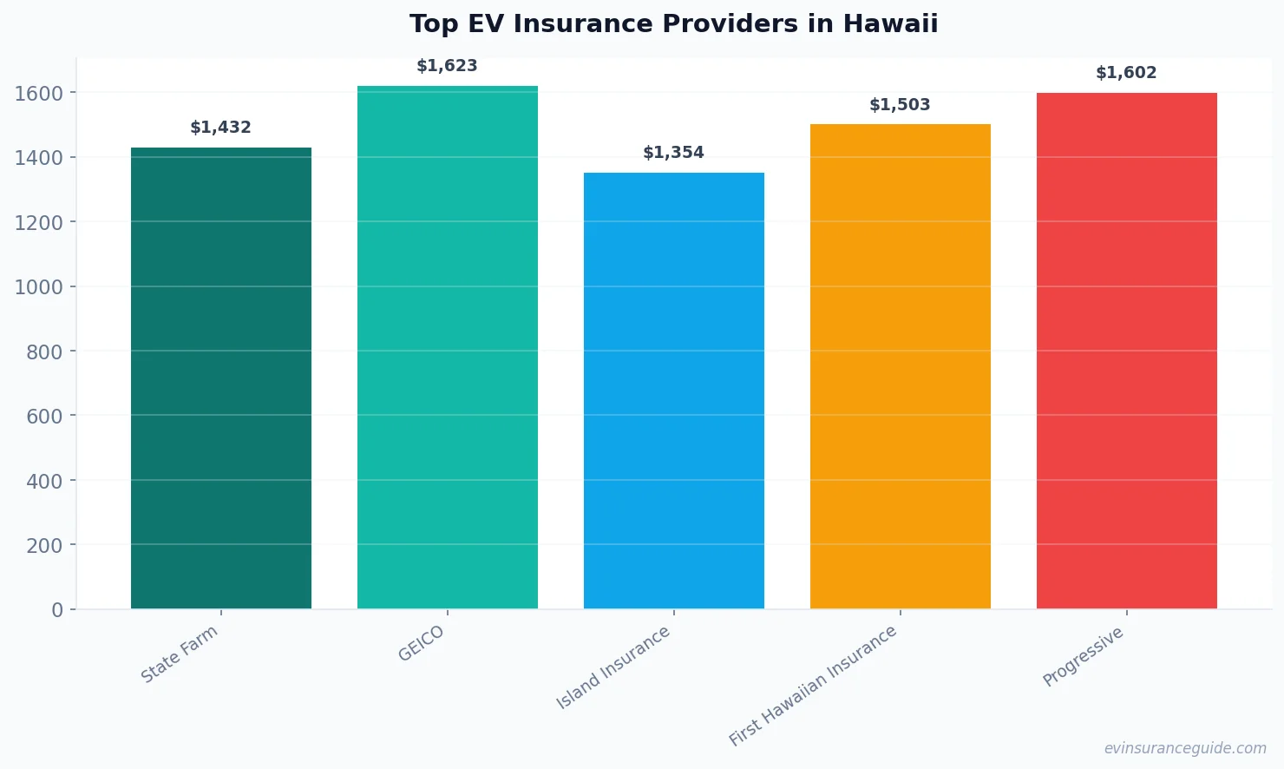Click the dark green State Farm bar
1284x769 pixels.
pyautogui.click(x=220, y=378)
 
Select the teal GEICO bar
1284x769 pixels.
pyautogui.click(x=447, y=347)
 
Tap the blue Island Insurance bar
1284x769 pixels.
pyautogui.click(x=673, y=391)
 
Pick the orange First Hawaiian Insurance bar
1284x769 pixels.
pyautogui.click(x=900, y=366)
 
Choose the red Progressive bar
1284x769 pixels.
pyautogui.click(x=1126, y=351)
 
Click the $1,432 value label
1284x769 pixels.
pyautogui.click(x=220, y=128)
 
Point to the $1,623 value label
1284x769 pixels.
pyautogui.click(x=447, y=66)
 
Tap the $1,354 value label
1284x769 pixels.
pyautogui.click(x=673, y=153)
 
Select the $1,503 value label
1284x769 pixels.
pyautogui.click(x=900, y=105)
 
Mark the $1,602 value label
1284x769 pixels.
pyautogui.click(x=1126, y=73)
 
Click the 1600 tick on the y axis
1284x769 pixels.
pyautogui.click(x=39, y=93)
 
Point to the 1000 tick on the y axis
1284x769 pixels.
pyautogui.click(x=39, y=287)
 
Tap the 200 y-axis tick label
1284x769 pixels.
pyautogui.click(x=44, y=546)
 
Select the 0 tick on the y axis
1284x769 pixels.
pyautogui.click(x=57, y=610)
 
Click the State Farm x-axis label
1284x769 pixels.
pyautogui.click(x=180, y=654)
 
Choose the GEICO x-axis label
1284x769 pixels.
pyautogui.click(x=422, y=644)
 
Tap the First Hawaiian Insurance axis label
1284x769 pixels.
pyautogui.click(x=813, y=686)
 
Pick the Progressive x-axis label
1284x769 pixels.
pyautogui.click(x=1084, y=657)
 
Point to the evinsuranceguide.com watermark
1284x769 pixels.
pyautogui.click(x=1185, y=748)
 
